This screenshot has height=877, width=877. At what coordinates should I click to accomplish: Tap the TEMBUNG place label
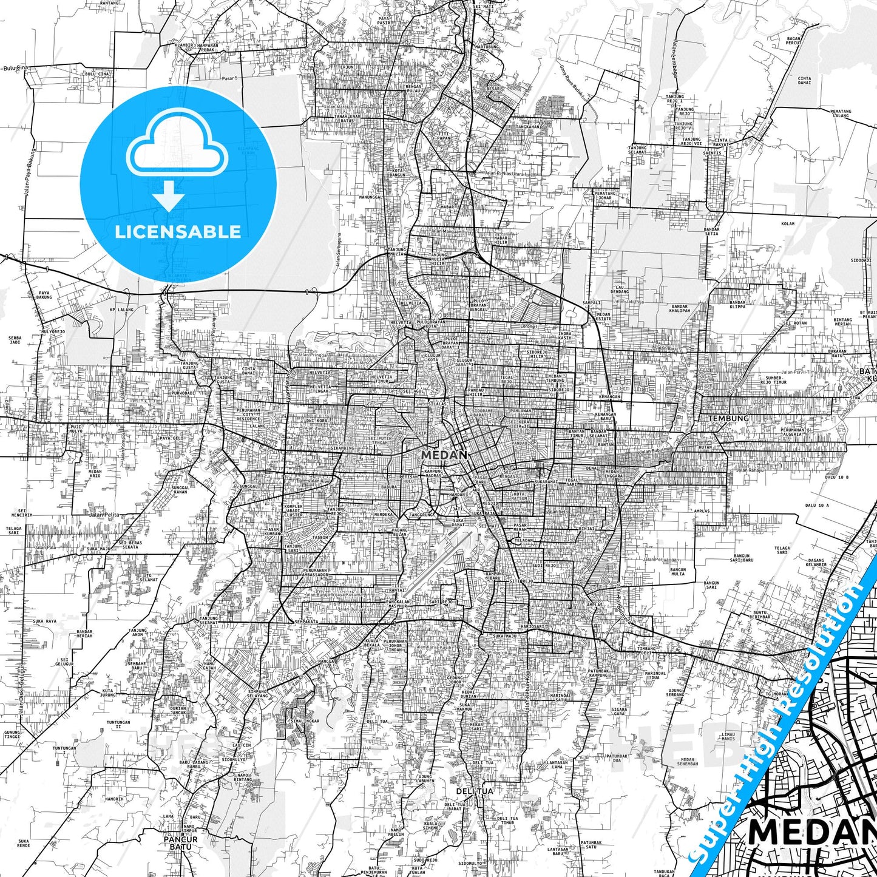pyautogui.click(x=728, y=419)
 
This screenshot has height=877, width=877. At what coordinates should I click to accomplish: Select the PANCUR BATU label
pyautogui.click(x=180, y=843)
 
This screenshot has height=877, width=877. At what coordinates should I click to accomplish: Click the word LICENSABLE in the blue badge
pyautogui.click(x=178, y=231)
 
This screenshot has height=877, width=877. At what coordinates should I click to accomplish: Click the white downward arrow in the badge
pyautogui.click(x=169, y=195)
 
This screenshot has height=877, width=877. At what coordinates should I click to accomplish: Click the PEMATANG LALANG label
pyautogui.click(x=841, y=113)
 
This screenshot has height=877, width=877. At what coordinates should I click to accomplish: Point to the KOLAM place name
pyautogui.click(x=788, y=224)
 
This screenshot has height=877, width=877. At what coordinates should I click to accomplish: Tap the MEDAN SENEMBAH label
pyautogui.click(x=688, y=762)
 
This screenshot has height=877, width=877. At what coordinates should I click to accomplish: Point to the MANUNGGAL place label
pyautogui.click(x=370, y=197)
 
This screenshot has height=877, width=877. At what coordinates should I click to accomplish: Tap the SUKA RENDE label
pyautogui.click(x=24, y=842)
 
